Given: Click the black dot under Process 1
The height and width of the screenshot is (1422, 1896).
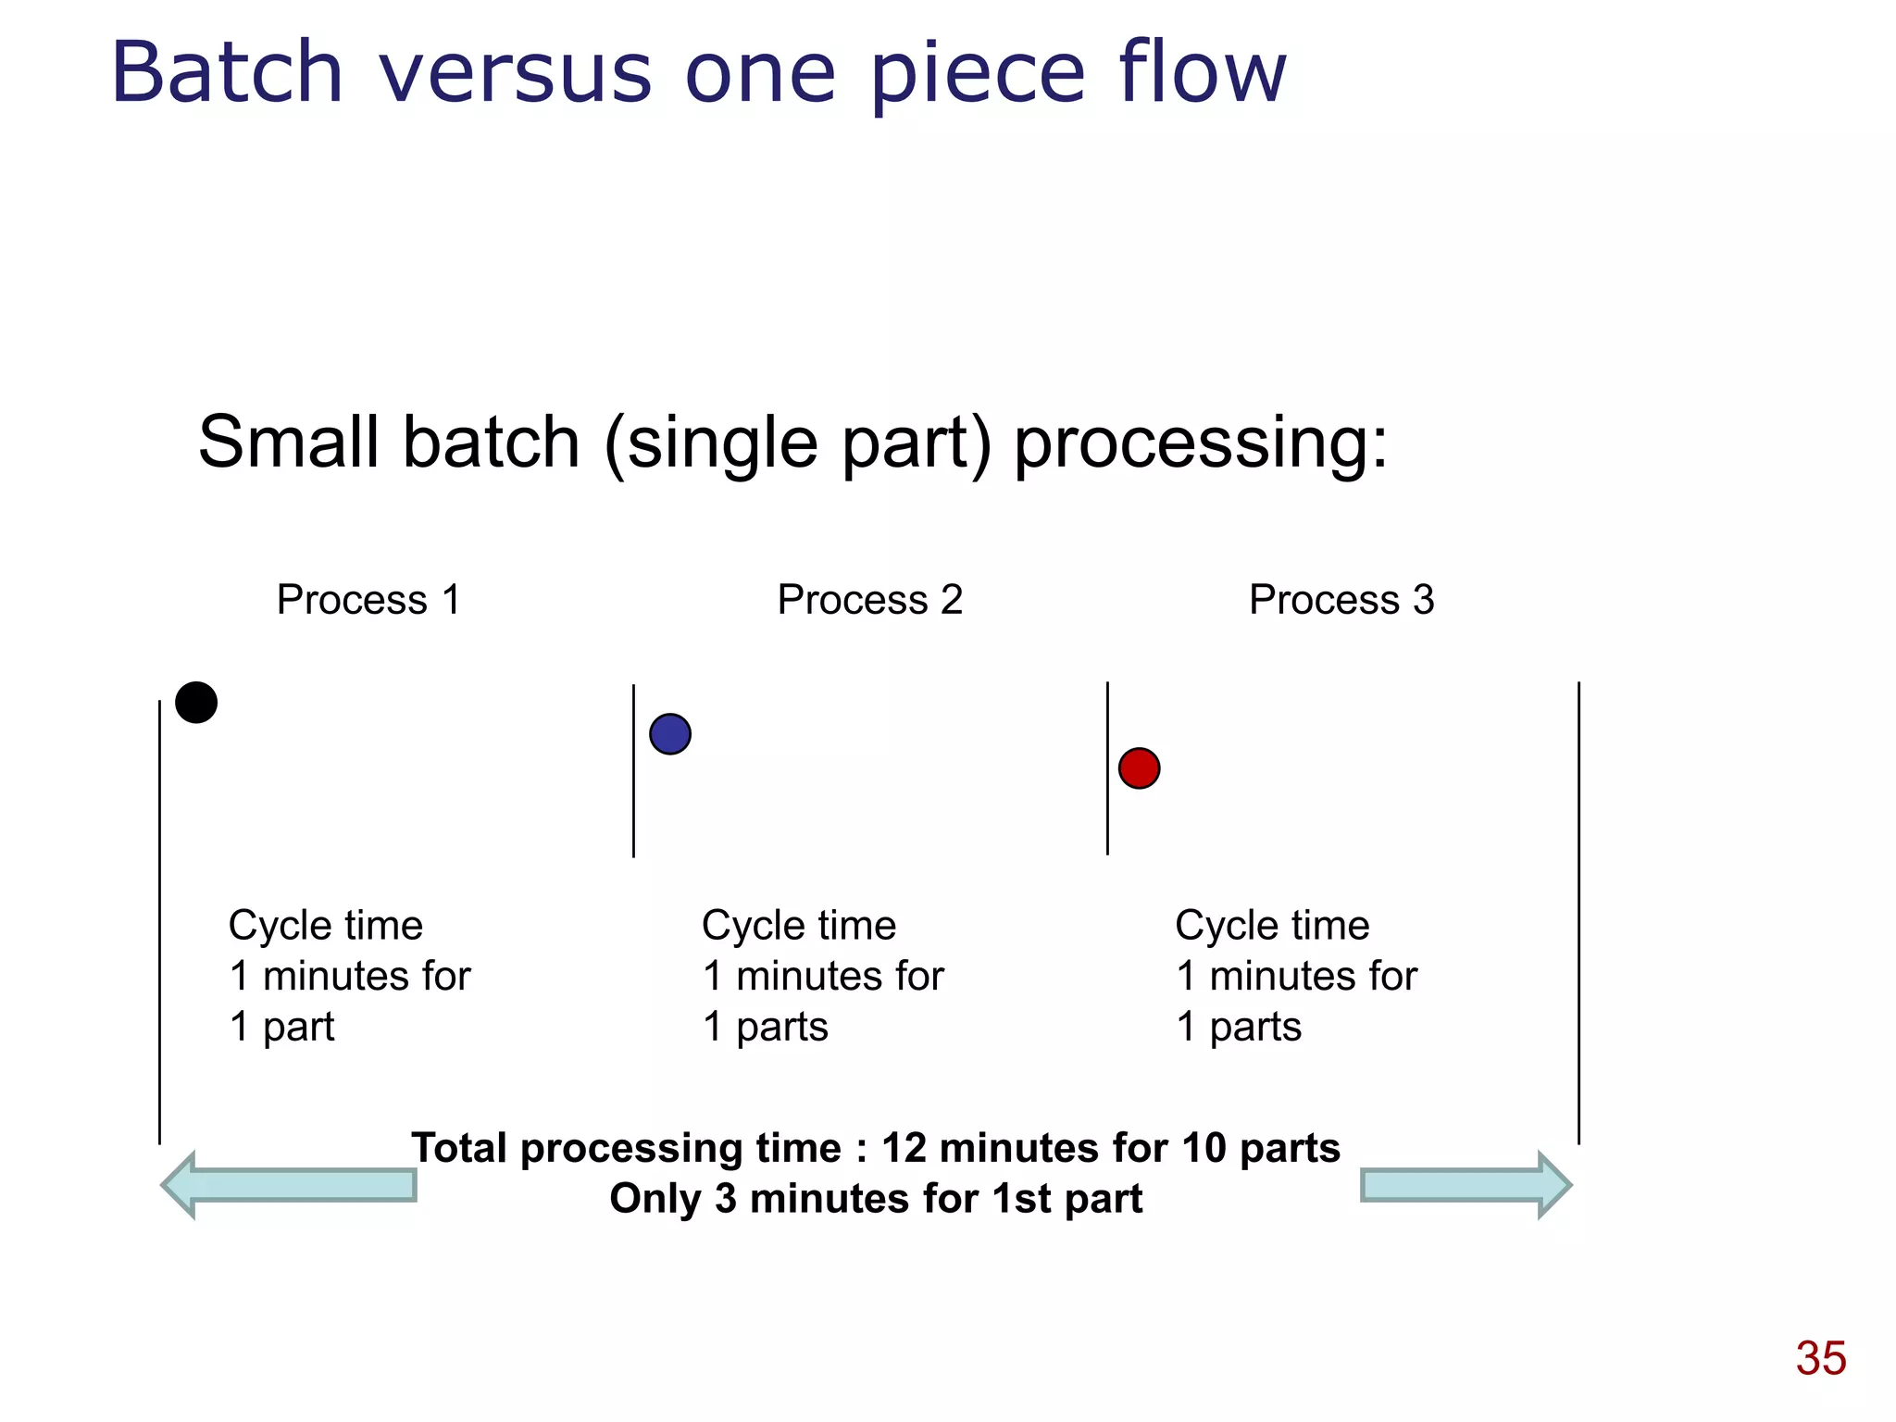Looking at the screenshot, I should [x=196, y=703].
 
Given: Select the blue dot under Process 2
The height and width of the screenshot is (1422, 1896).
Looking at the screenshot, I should [x=670, y=734].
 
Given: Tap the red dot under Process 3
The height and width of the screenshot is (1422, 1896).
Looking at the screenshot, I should [x=1139, y=768].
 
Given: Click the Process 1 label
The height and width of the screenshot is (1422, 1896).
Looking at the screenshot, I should [x=368, y=600].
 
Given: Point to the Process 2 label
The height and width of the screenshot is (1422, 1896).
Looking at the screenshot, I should [x=869, y=600].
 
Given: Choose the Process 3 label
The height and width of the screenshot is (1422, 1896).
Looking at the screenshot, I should [x=1341, y=600].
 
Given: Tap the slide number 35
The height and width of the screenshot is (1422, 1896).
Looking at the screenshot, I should [x=1820, y=1358].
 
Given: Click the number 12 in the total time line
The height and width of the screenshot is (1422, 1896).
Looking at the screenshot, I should [x=904, y=1148].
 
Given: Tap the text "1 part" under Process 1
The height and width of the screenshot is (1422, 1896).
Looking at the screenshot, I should [x=281, y=1027].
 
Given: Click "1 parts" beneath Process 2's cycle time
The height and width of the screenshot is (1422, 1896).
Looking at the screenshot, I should [x=766, y=1027].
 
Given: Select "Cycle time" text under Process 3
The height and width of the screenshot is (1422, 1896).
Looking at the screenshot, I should [x=1272, y=926].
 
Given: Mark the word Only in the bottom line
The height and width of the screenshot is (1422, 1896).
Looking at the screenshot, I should [x=655, y=1199].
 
